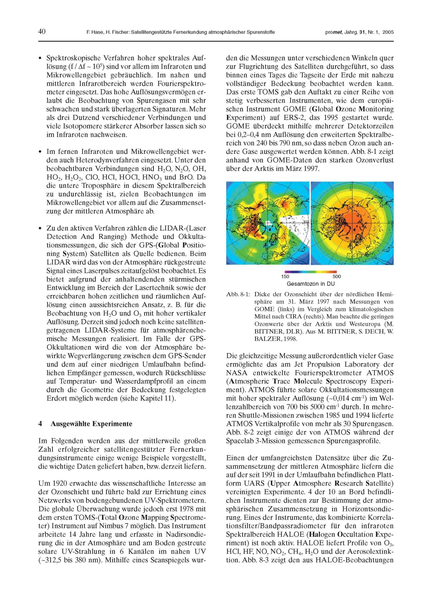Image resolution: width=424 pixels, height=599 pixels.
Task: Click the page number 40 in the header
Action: coord(42,32)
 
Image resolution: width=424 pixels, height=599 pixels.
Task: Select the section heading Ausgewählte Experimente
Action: coord(91,424)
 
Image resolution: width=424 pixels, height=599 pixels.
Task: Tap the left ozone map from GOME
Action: coord(268,223)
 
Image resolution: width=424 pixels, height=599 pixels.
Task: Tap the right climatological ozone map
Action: coord(352,223)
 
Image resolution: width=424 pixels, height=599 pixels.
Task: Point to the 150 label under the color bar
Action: coord(285,277)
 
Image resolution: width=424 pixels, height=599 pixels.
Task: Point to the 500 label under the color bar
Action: coord(337,277)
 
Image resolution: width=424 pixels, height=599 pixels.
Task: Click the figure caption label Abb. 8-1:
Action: coord(238,295)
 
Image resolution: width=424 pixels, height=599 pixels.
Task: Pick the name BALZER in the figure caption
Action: coord(266,339)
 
